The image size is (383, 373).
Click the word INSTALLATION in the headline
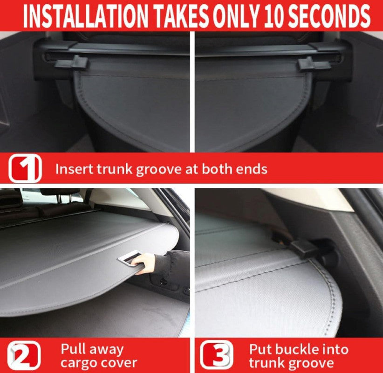pos(85,16)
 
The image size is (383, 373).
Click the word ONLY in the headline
pos(235,16)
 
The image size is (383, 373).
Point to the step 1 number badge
pos(25,168)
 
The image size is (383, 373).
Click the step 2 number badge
pos(24,355)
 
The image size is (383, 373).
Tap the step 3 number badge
pos(216,355)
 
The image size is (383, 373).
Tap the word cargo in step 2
pos(79,364)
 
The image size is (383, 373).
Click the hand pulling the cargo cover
pos(144,263)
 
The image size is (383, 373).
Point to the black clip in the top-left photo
pos(71,62)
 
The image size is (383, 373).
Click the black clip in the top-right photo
pos(314,64)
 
